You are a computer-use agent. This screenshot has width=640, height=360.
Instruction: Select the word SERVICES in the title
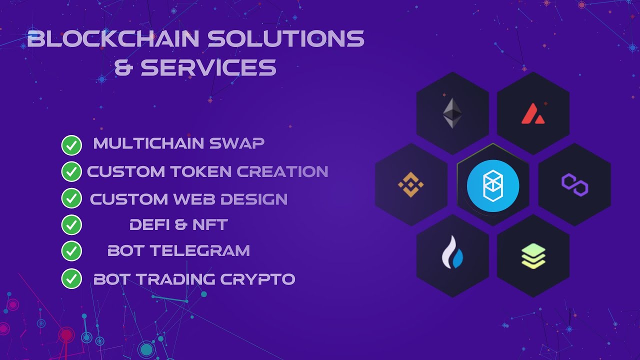pos(208,67)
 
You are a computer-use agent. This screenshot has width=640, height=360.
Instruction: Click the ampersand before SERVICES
pos(123,67)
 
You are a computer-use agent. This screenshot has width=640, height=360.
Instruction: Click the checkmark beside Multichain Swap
pos(71,145)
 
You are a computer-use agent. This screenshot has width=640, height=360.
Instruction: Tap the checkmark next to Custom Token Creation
pos(71,171)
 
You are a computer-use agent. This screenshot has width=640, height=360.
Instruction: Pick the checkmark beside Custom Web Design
pos(71,198)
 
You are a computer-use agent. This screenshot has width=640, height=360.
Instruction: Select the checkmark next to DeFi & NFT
pos(71,225)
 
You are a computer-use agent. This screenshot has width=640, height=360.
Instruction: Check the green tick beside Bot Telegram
pos(71,250)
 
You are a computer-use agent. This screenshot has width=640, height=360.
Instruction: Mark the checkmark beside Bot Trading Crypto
pos(71,278)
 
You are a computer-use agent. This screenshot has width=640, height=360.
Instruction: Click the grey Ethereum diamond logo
pos(452,113)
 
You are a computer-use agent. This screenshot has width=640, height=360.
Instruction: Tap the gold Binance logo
pos(410,185)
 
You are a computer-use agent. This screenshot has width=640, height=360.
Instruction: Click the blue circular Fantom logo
pos(493,185)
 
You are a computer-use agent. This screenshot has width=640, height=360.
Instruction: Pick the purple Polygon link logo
pos(574,185)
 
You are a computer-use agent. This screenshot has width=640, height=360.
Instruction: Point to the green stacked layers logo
pos(533,256)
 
